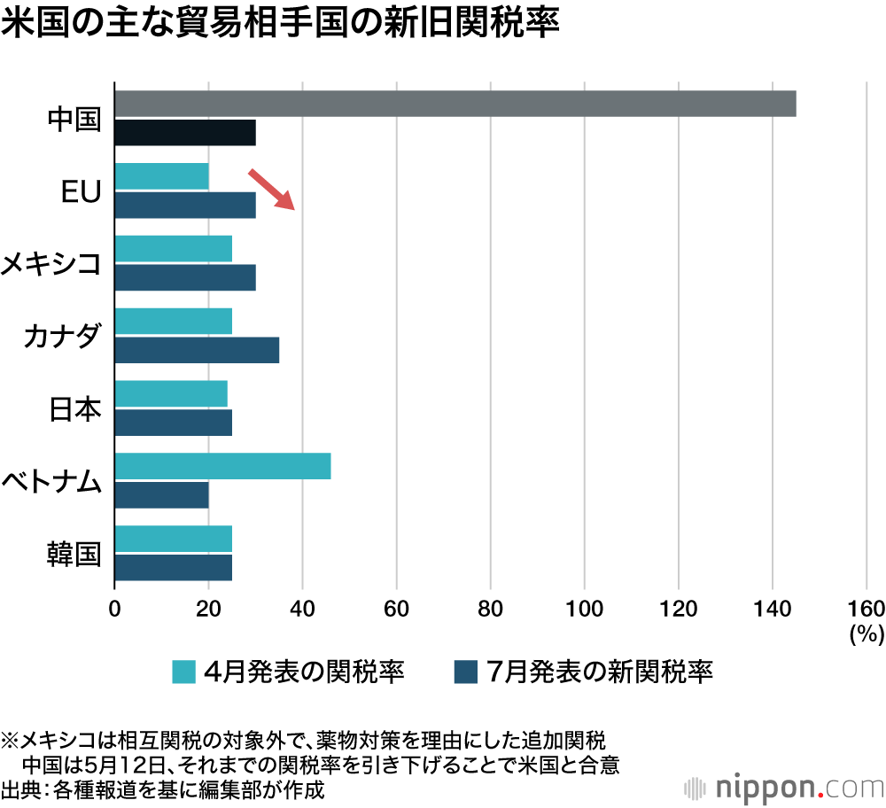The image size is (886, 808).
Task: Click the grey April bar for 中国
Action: coord(455,104)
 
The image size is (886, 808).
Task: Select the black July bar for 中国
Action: coord(185,133)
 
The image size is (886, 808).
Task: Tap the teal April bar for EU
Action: coord(162,176)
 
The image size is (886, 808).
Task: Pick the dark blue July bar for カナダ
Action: coord(197,350)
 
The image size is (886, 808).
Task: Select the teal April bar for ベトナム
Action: coord(222,466)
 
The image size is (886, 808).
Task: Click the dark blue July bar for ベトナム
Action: coord(162,495)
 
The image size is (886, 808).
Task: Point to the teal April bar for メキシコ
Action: coord(174,249)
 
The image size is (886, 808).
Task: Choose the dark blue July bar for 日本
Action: coord(174,423)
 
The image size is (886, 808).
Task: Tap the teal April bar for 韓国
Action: coord(174,539)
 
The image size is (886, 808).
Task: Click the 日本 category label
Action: coord(75,409)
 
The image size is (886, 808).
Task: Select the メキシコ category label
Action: coord(51,264)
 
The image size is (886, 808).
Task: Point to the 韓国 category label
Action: coord(75,554)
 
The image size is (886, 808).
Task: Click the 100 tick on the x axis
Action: coord(584,608)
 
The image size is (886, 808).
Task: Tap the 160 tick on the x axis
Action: coord(866,608)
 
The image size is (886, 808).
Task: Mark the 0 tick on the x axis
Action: coord(114,608)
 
